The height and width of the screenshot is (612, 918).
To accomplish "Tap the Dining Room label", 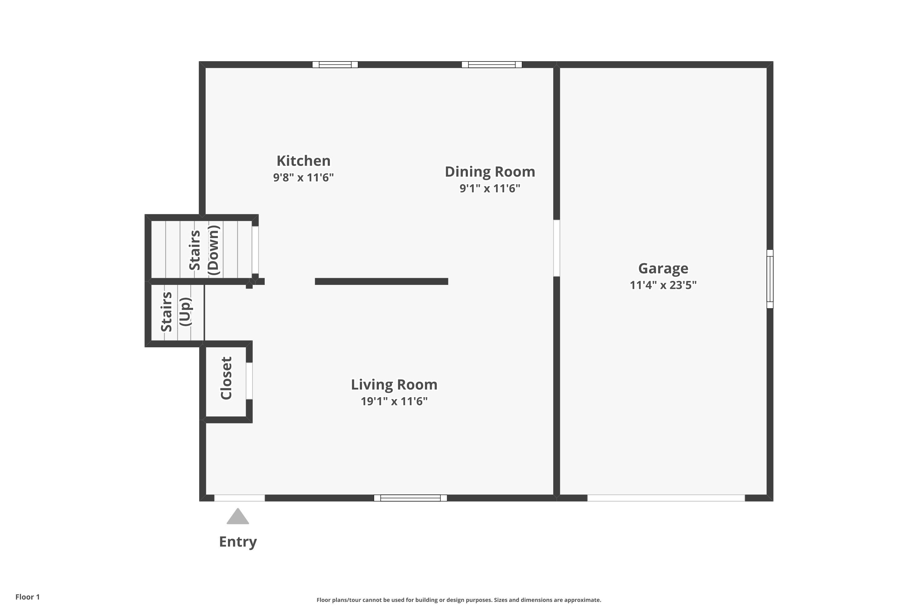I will (490, 172).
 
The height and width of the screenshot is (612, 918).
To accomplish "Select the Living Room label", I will (394, 384).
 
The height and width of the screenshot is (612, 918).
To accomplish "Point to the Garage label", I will (663, 269).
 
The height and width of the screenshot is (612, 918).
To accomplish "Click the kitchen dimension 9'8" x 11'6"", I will (303, 177).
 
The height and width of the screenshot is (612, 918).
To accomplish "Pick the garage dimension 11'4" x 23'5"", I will (663, 285).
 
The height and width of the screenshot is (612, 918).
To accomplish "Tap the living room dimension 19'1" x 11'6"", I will (394, 401).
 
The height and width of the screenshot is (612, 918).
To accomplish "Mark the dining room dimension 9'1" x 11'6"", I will (490, 188).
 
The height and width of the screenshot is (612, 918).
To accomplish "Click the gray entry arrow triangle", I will (238, 517).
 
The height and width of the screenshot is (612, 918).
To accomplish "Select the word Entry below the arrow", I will (238, 542).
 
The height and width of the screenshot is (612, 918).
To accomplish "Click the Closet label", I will (226, 378).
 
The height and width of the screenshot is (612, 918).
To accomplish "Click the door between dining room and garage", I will (557, 248).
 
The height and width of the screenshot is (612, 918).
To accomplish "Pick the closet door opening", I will (249, 381).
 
